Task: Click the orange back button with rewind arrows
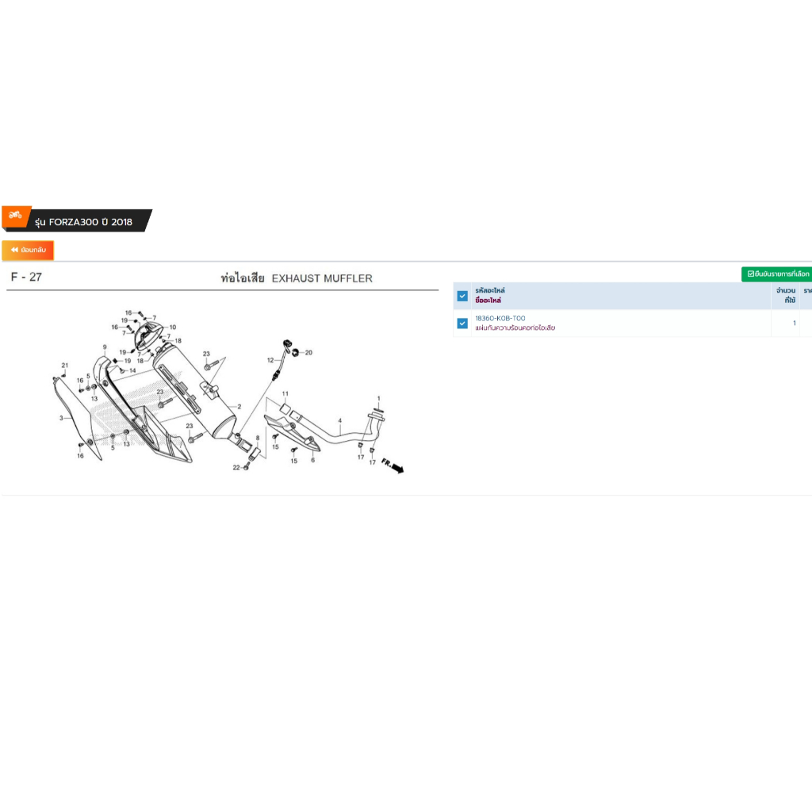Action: (x=28, y=250)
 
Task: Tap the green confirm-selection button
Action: (x=777, y=274)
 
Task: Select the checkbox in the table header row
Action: (x=462, y=296)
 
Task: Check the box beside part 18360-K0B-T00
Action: (x=462, y=323)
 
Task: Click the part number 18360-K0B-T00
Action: (x=500, y=318)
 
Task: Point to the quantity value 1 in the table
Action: (x=795, y=324)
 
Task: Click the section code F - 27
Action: (x=26, y=278)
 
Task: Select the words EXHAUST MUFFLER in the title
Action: (x=322, y=278)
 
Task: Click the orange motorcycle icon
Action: (x=15, y=215)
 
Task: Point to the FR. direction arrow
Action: (x=392, y=465)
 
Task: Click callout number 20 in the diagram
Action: (x=308, y=352)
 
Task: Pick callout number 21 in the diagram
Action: (x=65, y=365)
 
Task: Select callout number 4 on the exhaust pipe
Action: (x=339, y=420)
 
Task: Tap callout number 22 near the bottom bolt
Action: (x=236, y=468)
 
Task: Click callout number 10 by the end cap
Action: (x=173, y=327)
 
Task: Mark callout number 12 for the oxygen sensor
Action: (x=270, y=360)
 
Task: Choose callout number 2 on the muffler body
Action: (x=239, y=406)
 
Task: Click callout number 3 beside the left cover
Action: (x=61, y=417)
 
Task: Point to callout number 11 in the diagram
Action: (x=285, y=394)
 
